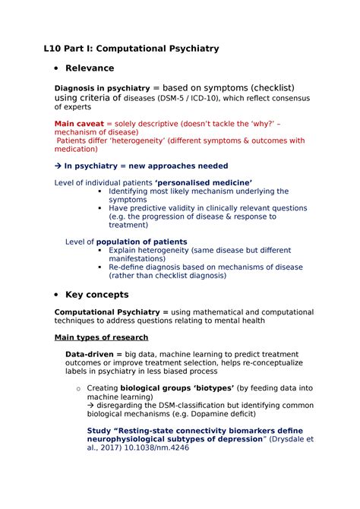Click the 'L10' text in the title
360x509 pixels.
tap(53, 49)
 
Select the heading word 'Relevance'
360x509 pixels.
tap(90, 68)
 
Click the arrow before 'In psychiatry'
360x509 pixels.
tap(58, 166)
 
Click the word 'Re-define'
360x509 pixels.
tap(128, 267)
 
